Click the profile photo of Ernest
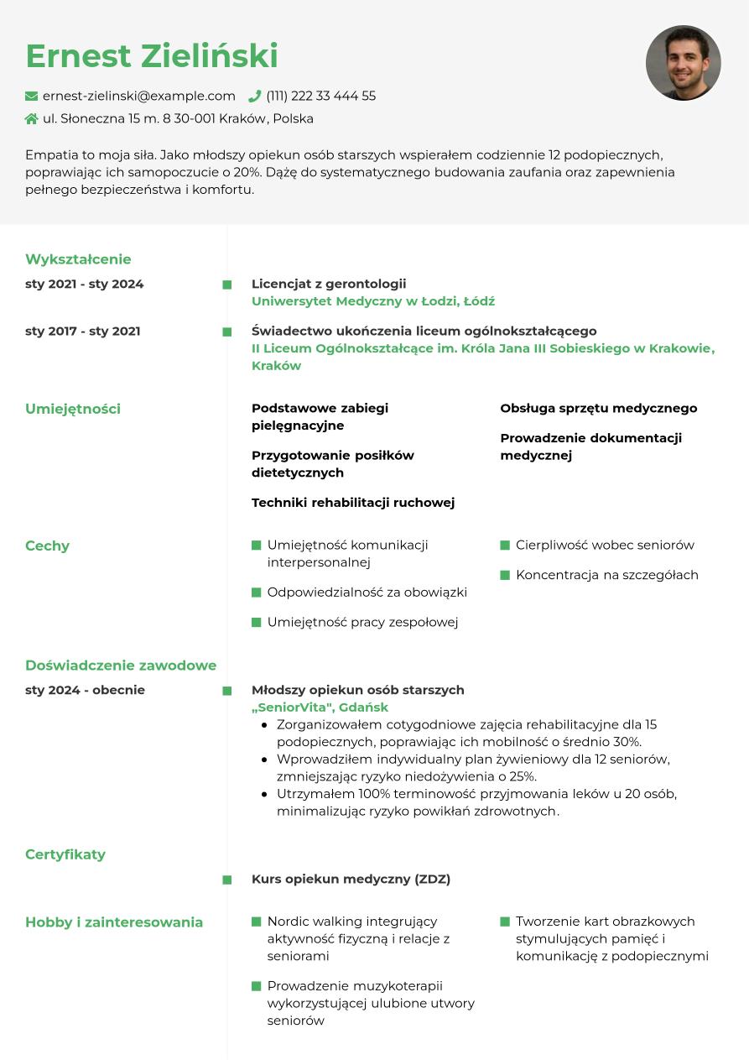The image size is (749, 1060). [x=683, y=63]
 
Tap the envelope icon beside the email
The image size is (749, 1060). [x=32, y=97]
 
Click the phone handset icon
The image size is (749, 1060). [x=255, y=96]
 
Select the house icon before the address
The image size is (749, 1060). [x=32, y=119]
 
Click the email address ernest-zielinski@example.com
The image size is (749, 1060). [x=139, y=96]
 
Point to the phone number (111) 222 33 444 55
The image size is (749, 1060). [x=321, y=96]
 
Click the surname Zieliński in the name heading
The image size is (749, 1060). [x=221, y=56]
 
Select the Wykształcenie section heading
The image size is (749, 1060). [x=78, y=259]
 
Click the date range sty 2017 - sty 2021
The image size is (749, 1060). [x=83, y=331]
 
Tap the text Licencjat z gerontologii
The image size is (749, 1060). [x=329, y=284]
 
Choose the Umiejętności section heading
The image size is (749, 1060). [x=73, y=409]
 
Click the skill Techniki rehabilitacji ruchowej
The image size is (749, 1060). [x=353, y=503]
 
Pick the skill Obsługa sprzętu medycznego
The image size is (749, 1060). [x=599, y=408]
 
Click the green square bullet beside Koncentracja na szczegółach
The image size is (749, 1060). [x=505, y=575]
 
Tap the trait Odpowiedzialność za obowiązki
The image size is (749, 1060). [x=367, y=592]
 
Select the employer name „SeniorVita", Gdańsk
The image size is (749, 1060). [x=320, y=707]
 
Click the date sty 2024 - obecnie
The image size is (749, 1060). [x=85, y=690]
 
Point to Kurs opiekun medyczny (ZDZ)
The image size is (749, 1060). [x=351, y=879]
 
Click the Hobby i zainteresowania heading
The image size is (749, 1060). [x=114, y=922]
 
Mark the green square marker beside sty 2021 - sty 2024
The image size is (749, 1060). [x=227, y=285]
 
